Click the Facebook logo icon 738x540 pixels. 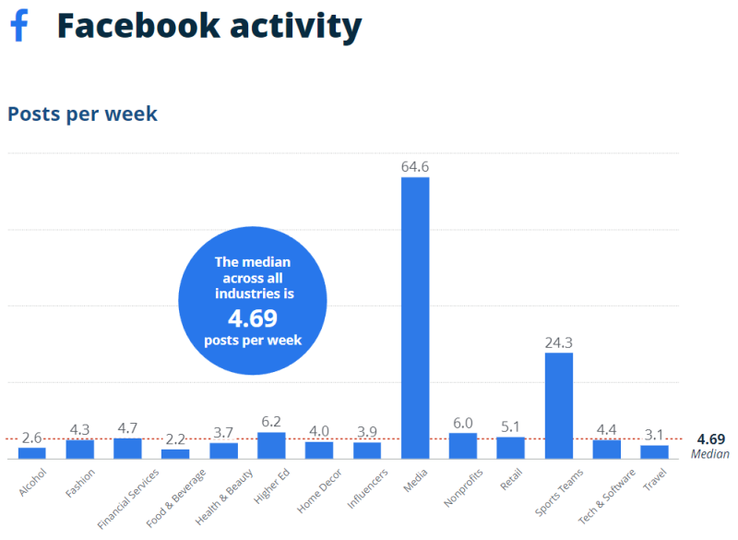18,25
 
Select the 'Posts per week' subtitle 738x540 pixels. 82,114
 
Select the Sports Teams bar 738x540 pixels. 559,405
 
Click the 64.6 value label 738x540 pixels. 415,167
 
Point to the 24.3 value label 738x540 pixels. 559,343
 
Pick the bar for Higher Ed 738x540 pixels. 271,445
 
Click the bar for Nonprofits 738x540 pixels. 463,445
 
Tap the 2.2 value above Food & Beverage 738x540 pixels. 175,438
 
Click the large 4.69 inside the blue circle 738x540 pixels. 253,318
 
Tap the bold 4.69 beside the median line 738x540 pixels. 711,439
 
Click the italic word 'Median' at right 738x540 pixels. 710,454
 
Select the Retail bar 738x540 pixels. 511,447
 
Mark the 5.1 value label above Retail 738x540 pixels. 511,426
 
